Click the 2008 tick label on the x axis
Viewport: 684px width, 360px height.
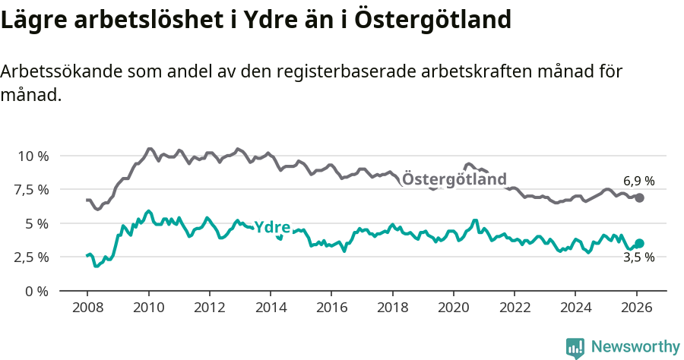(x=87, y=308)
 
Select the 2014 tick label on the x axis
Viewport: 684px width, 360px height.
(x=271, y=308)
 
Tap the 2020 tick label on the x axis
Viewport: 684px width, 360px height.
(x=454, y=308)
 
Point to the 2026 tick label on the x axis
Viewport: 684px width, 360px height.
(x=636, y=308)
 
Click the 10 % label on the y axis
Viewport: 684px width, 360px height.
(x=33, y=156)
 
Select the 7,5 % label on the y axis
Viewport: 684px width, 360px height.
(x=30, y=189)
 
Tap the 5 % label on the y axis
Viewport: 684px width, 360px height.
(x=36, y=223)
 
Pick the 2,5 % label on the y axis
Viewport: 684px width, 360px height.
(x=30, y=257)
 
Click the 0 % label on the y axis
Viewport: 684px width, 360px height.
(x=36, y=291)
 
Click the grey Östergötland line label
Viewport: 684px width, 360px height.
(x=454, y=179)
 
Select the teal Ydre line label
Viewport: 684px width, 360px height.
(x=272, y=227)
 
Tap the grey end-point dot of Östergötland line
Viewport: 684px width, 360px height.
(x=639, y=197)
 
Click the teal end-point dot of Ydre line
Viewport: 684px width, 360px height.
(x=639, y=244)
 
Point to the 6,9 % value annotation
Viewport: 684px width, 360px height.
(x=639, y=181)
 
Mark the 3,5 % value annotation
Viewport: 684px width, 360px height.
(x=639, y=257)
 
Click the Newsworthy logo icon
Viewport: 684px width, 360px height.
(x=575, y=347)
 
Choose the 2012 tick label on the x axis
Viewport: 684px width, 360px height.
(x=210, y=308)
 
